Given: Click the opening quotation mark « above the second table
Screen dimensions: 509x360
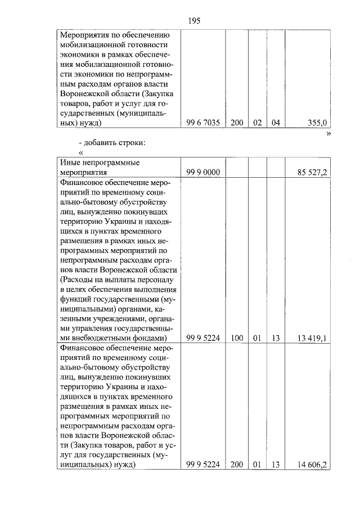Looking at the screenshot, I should (82, 152).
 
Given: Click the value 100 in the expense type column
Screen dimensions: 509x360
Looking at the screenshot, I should (236, 338).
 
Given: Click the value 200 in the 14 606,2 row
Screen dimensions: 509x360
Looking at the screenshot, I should (236, 465).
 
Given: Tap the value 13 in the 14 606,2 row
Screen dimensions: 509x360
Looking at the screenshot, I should (274, 465).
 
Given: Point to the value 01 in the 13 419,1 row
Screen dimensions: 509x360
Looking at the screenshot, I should (256, 338).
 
